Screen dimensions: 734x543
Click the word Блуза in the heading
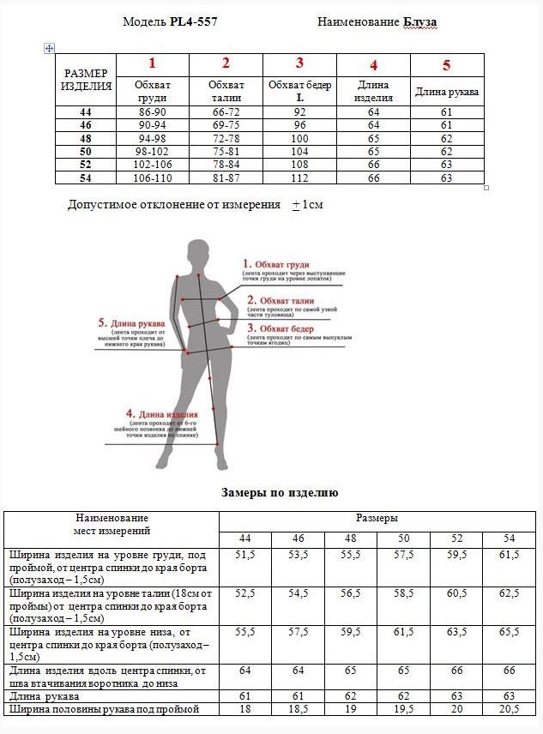coord(420,22)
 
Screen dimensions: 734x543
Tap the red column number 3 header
coord(299,63)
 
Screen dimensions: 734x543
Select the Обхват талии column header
coord(226,91)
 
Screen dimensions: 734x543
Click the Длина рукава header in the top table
coord(447,91)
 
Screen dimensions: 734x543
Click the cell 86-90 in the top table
coord(152,112)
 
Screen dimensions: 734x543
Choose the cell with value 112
coord(299,177)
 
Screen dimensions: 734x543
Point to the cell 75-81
coord(226,151)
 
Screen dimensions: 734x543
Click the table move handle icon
coord(49,48)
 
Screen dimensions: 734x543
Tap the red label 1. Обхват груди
coord(275,264)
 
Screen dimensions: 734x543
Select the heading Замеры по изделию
coord(280,493)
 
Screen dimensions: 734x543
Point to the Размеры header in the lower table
coord(377,519)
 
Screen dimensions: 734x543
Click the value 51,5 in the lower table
coord(245,556)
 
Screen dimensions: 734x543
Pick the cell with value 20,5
coord(510,710)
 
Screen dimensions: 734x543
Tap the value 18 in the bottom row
coord(245,710)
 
